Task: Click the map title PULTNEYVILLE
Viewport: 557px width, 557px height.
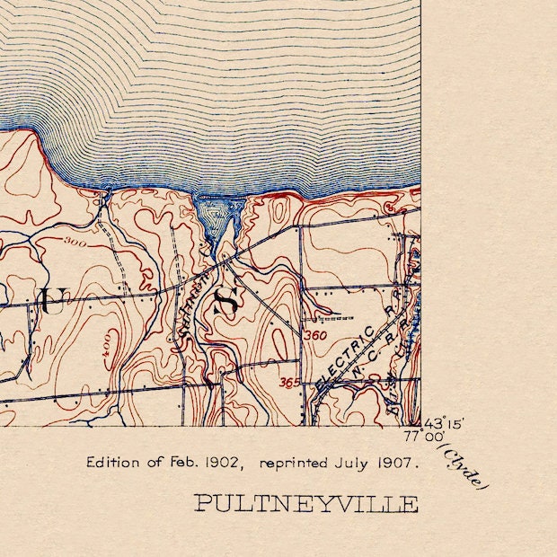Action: coord(306,503)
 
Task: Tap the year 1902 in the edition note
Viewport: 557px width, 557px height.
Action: coord(220,464)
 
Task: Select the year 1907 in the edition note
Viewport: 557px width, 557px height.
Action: coord(398,464)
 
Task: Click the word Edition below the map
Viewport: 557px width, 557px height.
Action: coord(113,464)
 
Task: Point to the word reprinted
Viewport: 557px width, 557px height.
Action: coord(296,464)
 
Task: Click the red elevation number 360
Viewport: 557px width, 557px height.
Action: coord(315,335)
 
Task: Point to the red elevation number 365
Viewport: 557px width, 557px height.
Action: coord(288,383)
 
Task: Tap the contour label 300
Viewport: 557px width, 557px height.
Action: coord(75,243)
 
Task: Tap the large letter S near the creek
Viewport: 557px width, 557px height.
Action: coord(225,301)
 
